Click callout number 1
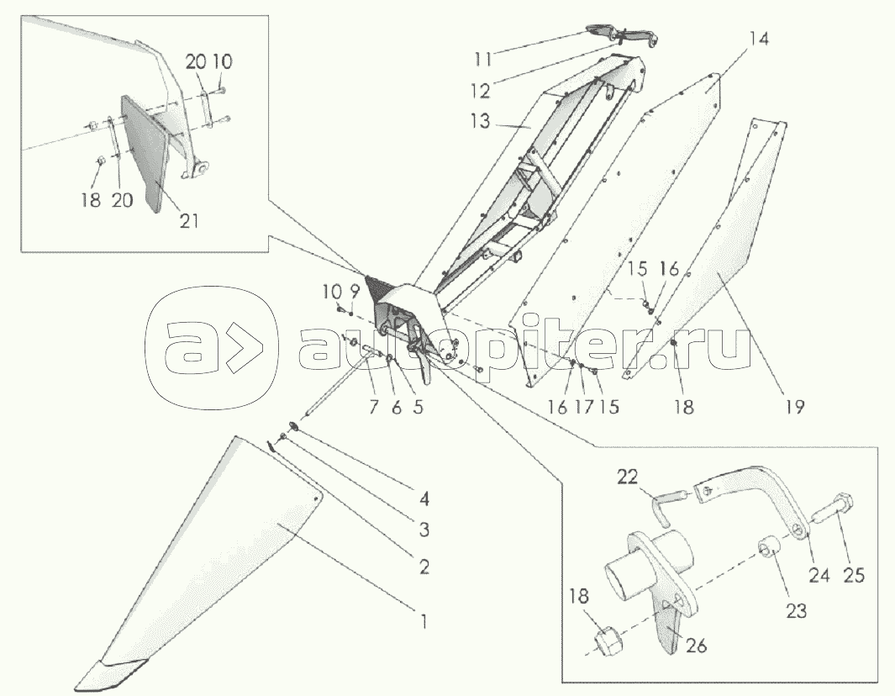pyautogui.click(x=424, y=620)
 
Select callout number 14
pyautogui.click(x=759, y=40)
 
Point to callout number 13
pyautogui.click(x=481, y=121)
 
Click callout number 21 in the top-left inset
pyautogui.click(x=189, y=220)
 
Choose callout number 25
pyautogui.click(x=854, y=574)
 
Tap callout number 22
pyautogui.click(x=627, y=477)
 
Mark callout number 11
pyautogui.click(x=482, y=59)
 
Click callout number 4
pyautogui.click(x=424, y=499)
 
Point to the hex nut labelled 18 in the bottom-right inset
pyautogui.click(x=608, y=643)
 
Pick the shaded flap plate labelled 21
pyautogui.click(x=145, y=154)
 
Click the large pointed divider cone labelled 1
pyautogui.click(x=200, y=565)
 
